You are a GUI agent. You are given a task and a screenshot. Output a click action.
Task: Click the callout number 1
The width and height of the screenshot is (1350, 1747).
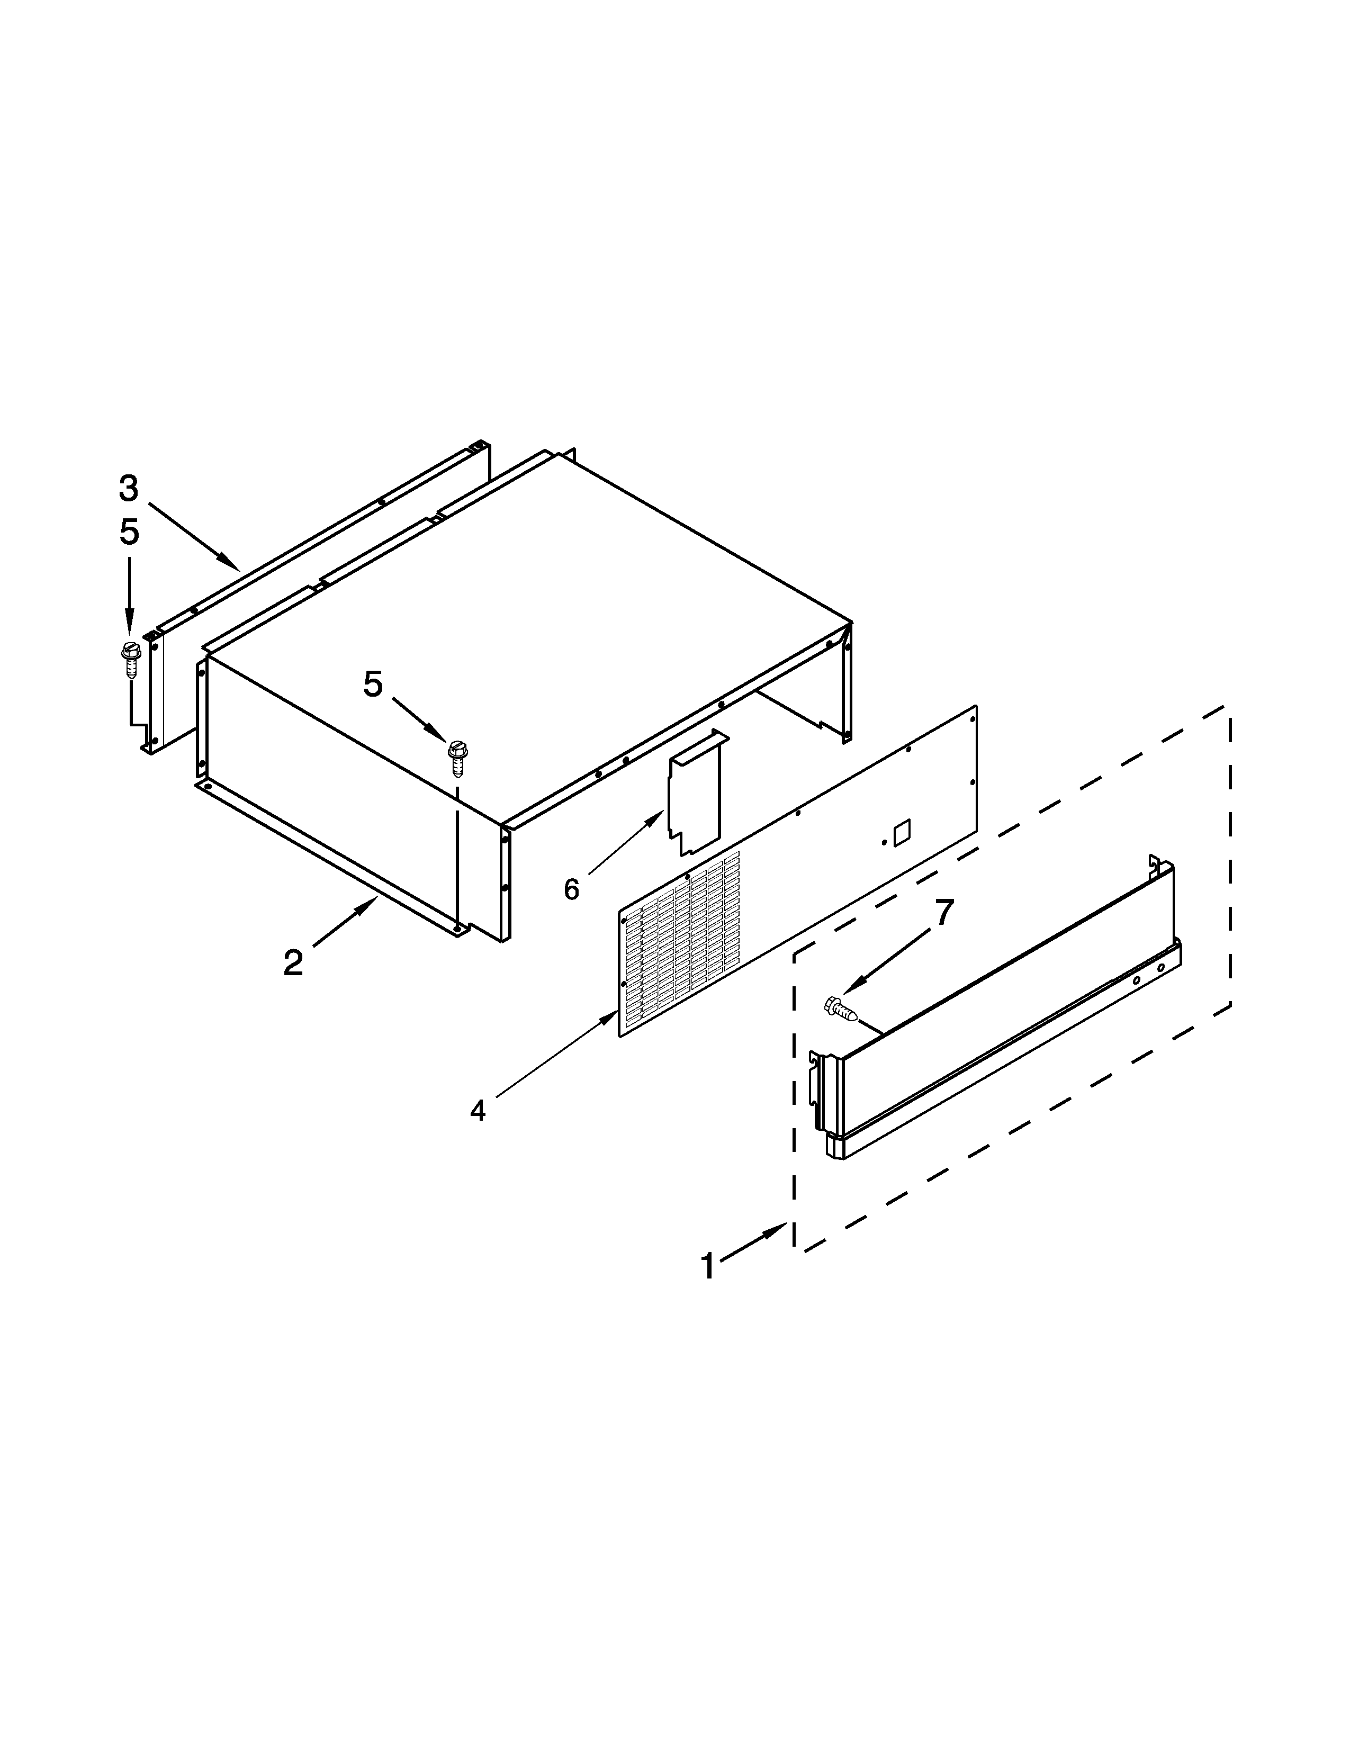(x=708, y=1266)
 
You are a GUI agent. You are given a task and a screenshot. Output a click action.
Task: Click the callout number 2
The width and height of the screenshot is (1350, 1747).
(x=293, y=963)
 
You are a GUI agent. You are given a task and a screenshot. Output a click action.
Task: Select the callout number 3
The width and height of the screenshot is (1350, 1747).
(x=129, y=488)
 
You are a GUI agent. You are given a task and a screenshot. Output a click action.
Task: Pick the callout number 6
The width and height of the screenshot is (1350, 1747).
(x=571, y=889)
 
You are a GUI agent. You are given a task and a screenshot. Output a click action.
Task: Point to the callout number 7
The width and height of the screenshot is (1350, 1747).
(x=944, y=913)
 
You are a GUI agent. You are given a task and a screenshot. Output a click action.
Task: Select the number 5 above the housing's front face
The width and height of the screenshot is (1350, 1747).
(x=373, y=684)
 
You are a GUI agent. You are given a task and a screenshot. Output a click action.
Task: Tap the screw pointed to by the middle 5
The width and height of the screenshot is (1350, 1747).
(x=457, y=758)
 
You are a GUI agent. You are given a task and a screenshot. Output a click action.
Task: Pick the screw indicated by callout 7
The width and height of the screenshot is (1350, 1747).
(x=840, y=1008)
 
